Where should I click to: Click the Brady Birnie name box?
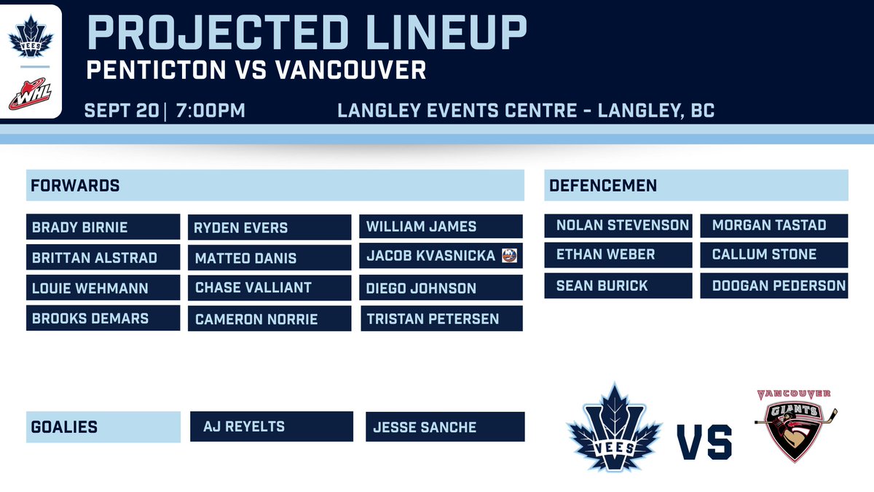coord(103,227)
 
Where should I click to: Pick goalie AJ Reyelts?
coord(272,426)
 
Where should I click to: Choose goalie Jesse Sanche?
coord(444,427)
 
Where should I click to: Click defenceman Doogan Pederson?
coord(774,286)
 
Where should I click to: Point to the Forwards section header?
coord(275,186)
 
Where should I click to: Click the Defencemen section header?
coord(696,186)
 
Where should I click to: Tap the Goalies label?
coord(103,427)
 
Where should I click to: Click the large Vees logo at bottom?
coord(615,427)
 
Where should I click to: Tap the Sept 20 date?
coord(121,111)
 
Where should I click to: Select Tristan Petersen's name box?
coord(441,319)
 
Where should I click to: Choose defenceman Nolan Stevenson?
coord(618,225)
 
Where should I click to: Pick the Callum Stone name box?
coord(774,255)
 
